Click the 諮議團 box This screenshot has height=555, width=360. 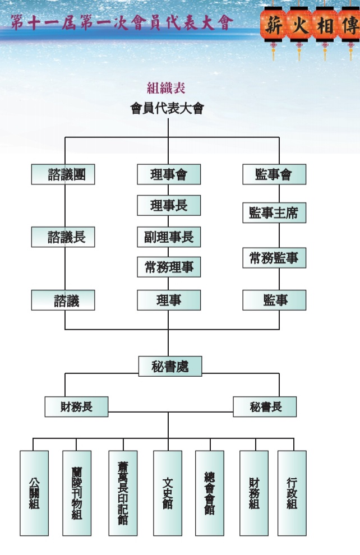[63, 174]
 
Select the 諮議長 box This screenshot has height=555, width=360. [63, 237]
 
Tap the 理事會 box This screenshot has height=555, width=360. [169, 174]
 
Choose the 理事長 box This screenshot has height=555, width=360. [169, 205]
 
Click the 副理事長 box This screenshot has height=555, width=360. [169, 237]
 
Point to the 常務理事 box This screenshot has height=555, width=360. [169, 267]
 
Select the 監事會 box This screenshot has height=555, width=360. [274, 174]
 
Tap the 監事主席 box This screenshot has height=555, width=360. [274, 213]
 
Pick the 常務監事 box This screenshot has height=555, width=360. [274, 258]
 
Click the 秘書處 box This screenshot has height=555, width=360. [170, 366]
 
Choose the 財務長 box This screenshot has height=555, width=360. [76, 406]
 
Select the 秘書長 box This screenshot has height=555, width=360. [265, 406]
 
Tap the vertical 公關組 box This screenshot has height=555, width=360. [34, 493]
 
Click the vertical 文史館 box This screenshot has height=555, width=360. [168, 493]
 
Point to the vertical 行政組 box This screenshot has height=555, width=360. [292, 493]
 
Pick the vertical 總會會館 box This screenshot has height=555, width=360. [210, 493]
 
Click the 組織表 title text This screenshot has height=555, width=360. [166, 87]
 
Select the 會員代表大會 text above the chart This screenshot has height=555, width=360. [167, 108]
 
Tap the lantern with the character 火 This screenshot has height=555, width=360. [299, 25]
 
